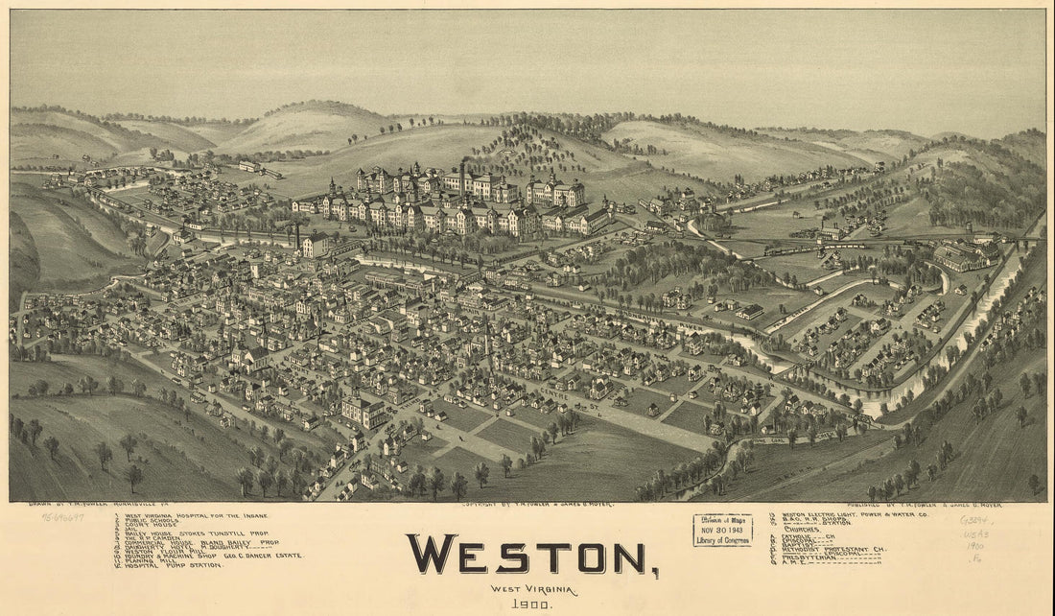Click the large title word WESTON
(531, 555)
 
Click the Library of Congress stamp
(722, 530)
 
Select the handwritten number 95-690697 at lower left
(62, 517)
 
